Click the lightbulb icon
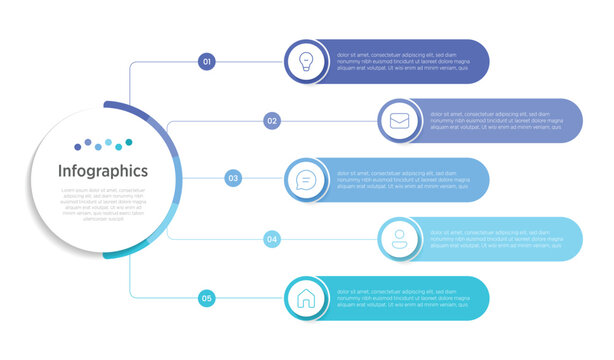pyautogui.click(x=305, y=61)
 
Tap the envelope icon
pyautogui.click(x=399, y=121)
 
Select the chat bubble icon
pyautogui.click(x=305, y=180)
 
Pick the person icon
pyautogui.click(x=399, y=239)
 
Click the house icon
pyautogui.click(x=305, y=298)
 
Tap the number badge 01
pyautogui.click(x=207, y=62)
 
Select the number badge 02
pyautogui.click(x=272, y=121)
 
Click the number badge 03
pyautogui.click(x=233, y=179)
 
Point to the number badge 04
pyautogui.click(x=272, y=239)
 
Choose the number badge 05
pyautogui.click(x=207, y=298)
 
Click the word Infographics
pyautogui.click(x=103, y=171)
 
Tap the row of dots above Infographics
pyautogui.click(x=103, y=145)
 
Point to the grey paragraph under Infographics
pyautogui.click(x=103, y=203)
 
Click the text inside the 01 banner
pyautogui.click(x=396, y=62)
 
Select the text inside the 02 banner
pyautogui.click(x=490, y=121)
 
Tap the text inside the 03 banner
pyautogui.click(x=396, y=180)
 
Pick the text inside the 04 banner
pyautogui.click(x=490, y=239)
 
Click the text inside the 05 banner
pyautogui.click(x=396, y=298)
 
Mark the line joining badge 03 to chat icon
pyautogui.click(x=263, y=179)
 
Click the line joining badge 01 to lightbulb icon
pyautogui.click(x=250, y=62)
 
